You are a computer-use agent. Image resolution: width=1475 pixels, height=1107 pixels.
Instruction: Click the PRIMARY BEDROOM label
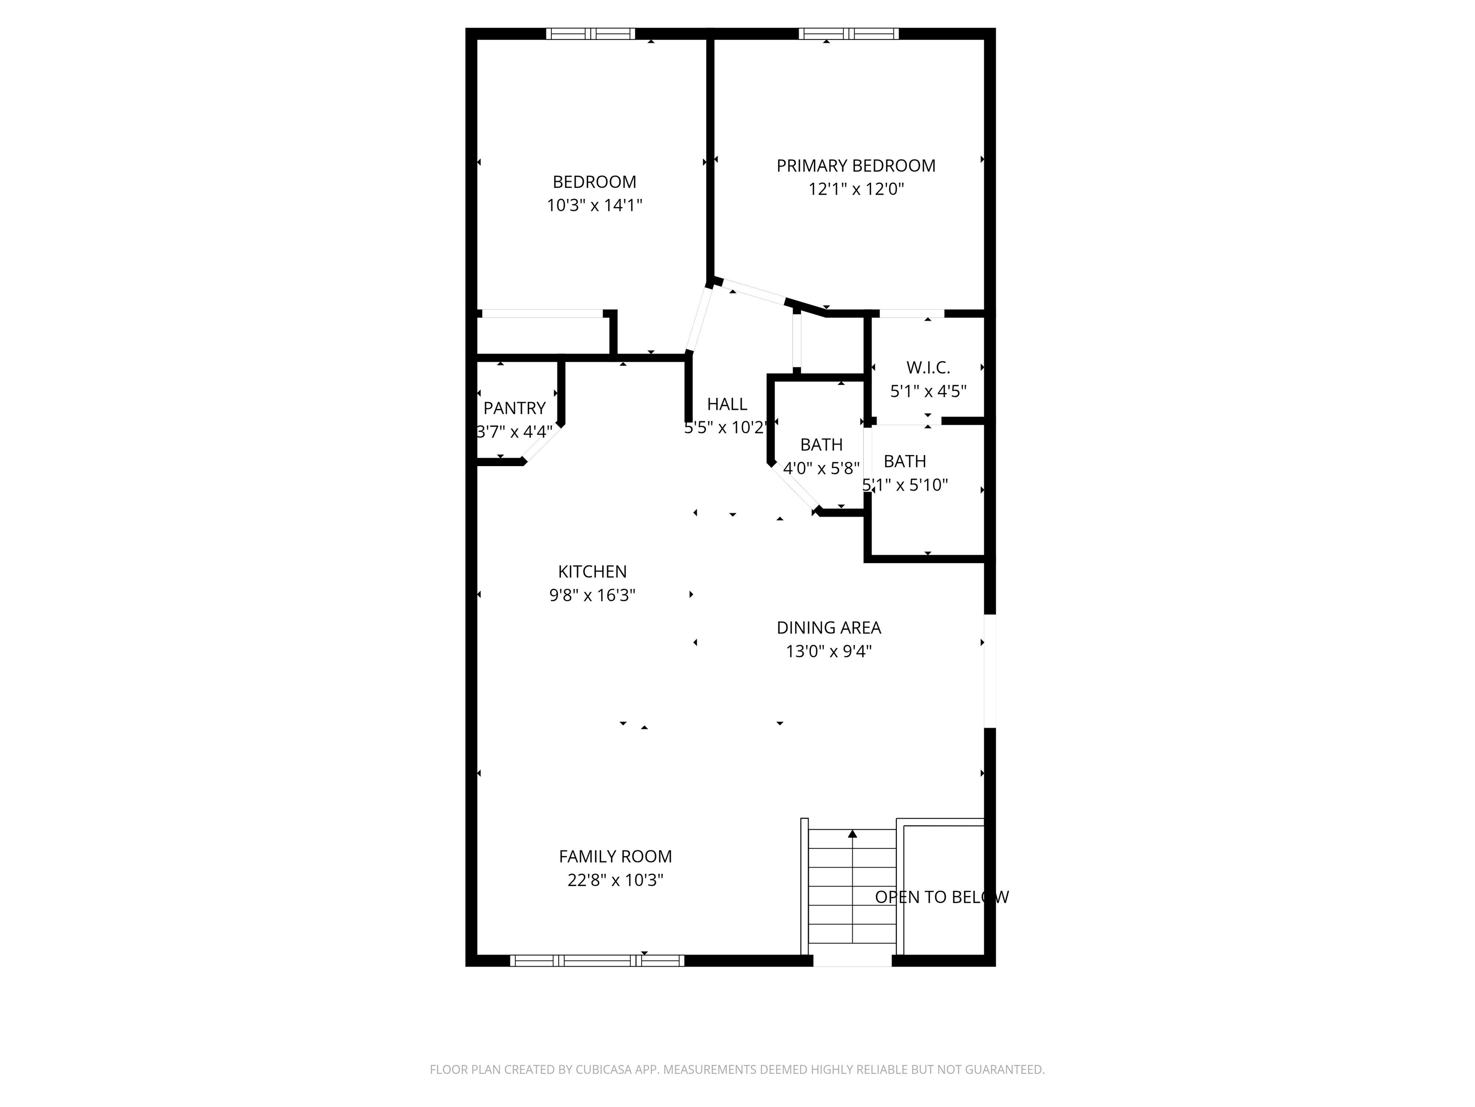856,165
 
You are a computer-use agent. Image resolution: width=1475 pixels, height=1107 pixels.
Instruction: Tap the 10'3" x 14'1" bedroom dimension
594,205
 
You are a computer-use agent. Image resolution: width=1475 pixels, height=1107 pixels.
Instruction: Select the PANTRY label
514,408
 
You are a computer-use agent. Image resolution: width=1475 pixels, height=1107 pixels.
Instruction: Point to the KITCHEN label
592,571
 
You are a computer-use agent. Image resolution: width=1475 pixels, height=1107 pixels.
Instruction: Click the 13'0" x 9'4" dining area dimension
828,651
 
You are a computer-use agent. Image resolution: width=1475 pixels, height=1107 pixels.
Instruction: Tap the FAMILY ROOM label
615,856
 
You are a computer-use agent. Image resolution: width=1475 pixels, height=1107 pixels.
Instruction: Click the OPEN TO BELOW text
941,897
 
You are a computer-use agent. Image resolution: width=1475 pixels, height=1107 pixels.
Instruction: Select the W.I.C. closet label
928,367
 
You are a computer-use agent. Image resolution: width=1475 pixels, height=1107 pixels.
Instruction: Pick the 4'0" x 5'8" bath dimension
821,468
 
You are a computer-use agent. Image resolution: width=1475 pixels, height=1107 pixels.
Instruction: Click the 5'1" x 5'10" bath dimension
905,485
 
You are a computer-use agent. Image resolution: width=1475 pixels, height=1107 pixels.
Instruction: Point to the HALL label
727,404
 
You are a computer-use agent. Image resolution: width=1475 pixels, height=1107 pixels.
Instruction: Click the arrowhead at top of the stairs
852,834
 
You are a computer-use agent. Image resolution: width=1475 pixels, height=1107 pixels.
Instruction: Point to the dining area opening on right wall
990,671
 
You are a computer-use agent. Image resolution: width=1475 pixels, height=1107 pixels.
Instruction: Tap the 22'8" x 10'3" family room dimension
615,880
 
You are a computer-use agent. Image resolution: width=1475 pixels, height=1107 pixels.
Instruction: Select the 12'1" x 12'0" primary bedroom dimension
856,189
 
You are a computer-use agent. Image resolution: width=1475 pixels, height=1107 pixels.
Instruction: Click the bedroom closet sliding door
542,314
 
